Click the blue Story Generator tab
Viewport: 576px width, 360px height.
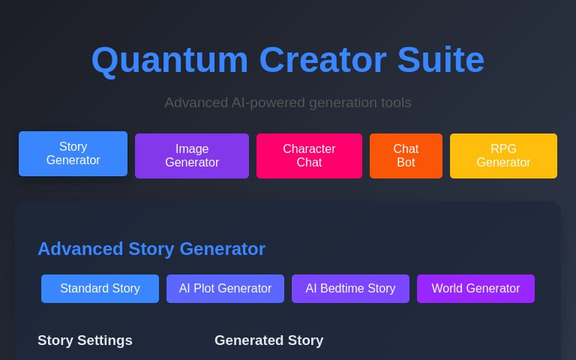coord(73,154)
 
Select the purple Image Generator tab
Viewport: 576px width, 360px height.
coord(192,156)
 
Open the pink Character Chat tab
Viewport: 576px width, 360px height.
coord(309,156)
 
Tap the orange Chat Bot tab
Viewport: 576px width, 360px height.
coord(406,156)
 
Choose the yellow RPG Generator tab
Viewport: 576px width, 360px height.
coord(503,156)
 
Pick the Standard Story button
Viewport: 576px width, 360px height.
coord(100,289)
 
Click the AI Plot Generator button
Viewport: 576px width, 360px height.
coord(225,289)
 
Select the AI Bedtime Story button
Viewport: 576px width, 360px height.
coord(350,289)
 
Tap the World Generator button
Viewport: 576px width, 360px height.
coord(475,289)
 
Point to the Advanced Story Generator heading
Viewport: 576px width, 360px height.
coord(151,249)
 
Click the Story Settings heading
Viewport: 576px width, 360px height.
coord(85,340)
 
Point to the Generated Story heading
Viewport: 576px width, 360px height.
coord(268,340)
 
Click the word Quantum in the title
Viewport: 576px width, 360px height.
coord(169,60)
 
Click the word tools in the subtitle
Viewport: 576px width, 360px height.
coord(394,103)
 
